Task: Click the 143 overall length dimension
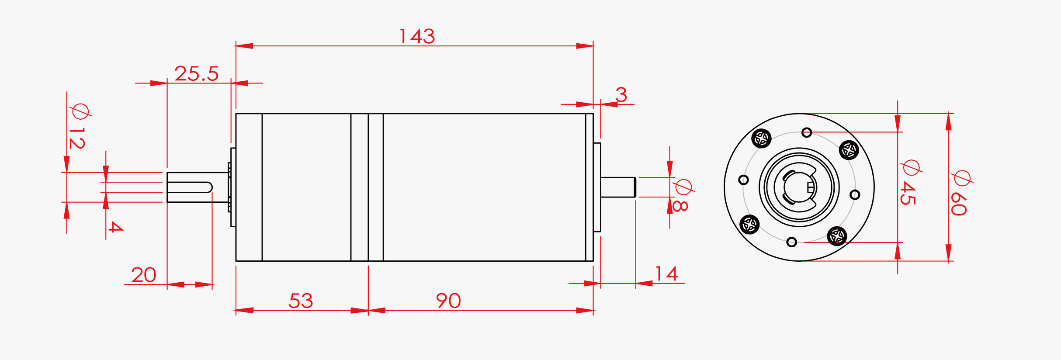click(x=417, y=36)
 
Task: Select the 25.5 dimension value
click(x=197, y=73)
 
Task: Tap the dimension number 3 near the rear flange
click(x=621, y=94)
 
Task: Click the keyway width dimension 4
click(x=115, y=226)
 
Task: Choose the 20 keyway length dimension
click(x=143, y=275)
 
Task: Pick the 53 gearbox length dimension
click(x=301, y=301)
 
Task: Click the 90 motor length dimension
click(x=448, y=301)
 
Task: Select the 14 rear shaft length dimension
click(x=666, y=274)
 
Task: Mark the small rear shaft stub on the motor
click(x=617, y=187)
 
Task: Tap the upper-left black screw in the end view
click(x=761, y=138)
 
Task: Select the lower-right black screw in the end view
click(x=837, y=236)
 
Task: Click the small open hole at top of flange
click(x=807, y=132)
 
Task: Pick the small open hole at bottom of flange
click(x=791, y=242)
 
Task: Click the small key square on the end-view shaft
click(x=811, y=187)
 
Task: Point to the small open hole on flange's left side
click(x=743, y=180)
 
